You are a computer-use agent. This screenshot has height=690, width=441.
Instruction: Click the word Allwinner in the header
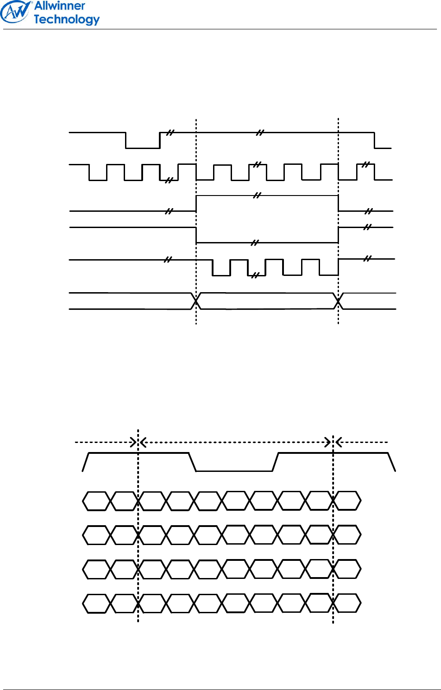click(60, 6)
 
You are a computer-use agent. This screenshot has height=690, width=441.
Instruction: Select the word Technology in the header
click(66, 19)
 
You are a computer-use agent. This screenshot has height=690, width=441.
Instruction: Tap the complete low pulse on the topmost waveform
click(143, 147)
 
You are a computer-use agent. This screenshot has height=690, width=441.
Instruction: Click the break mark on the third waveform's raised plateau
click(257, 196)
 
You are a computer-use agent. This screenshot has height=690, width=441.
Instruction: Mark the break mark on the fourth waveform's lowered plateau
click(255, 243)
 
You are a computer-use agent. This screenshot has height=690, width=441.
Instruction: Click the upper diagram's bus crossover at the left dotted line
click(196, 301)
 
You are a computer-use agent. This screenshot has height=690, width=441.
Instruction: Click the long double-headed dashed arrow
click(235, 442)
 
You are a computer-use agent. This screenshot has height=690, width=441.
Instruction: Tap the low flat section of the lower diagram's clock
click(234, 471)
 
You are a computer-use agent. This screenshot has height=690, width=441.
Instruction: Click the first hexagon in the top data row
click(96, 501)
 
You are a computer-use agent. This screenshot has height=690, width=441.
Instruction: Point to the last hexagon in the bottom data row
click(347, 603)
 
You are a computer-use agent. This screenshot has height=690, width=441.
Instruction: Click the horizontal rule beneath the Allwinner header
click(220, 30)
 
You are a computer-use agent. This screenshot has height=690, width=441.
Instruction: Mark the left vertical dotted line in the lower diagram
click(138, 542)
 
